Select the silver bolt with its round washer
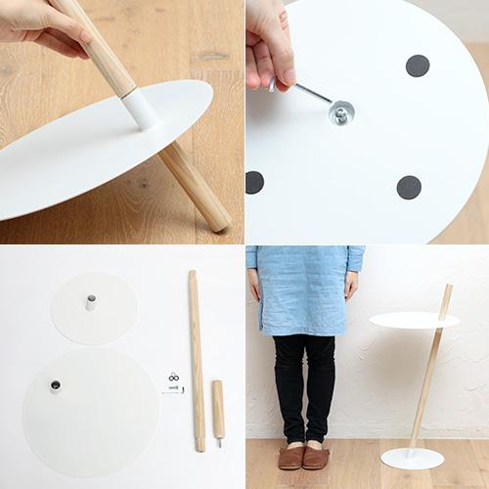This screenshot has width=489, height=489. click(x=340, y=112)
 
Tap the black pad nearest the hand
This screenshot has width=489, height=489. click(x=418, y=66)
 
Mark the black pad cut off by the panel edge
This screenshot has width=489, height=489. click(x=254, y=182)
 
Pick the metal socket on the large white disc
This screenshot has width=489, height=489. click(x=55, y=386)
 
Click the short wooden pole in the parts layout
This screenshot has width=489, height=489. click(x=218, y=409)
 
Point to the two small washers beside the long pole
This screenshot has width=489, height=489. click(x=173, y=377)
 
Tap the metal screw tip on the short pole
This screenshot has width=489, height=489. click(x=219, y=443)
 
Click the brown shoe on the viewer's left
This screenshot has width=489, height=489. click(x=290, y=457)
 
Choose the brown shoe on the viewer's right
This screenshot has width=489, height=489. click(x=317, y=457)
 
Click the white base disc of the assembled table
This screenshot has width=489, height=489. click(x=412, y=458)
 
